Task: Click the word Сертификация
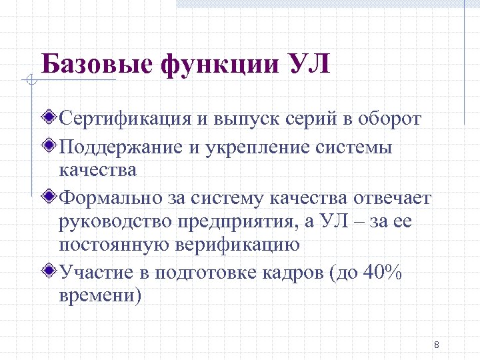coord(125,119)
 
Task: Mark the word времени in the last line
coord(100,295)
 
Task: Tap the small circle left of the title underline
coord(29,81)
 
